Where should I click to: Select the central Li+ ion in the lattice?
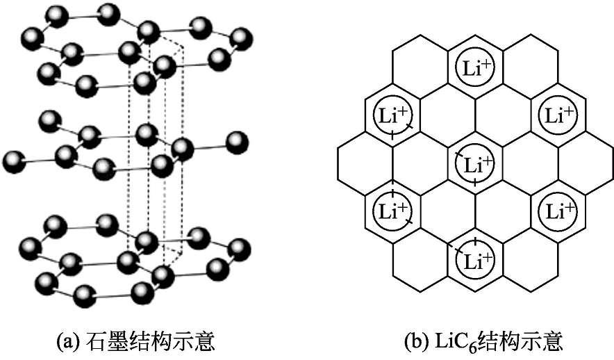475,164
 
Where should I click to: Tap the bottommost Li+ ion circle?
475,261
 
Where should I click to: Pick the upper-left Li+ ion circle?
392,115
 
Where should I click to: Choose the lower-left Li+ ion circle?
392,212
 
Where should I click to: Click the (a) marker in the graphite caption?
68,341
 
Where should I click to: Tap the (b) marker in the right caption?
414,341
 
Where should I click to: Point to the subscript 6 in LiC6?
467,346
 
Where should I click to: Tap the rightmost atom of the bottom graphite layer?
240,247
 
